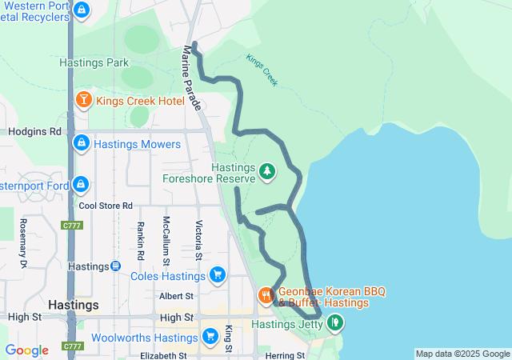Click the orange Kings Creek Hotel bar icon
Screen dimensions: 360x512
84,101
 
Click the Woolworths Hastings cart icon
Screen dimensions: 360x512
210,336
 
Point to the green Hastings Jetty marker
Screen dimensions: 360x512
334,323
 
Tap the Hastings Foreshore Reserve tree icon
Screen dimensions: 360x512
266,171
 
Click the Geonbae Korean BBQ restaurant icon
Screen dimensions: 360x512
266,297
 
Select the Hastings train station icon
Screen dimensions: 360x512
116,266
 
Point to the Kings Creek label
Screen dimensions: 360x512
262,70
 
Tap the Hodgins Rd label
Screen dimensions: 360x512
31,131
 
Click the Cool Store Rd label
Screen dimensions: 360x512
106,206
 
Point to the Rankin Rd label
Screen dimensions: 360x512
140,241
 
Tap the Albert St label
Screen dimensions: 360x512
177,296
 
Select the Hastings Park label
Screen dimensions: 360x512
94,62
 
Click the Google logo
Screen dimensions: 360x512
27,350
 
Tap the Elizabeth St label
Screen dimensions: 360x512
163,355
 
